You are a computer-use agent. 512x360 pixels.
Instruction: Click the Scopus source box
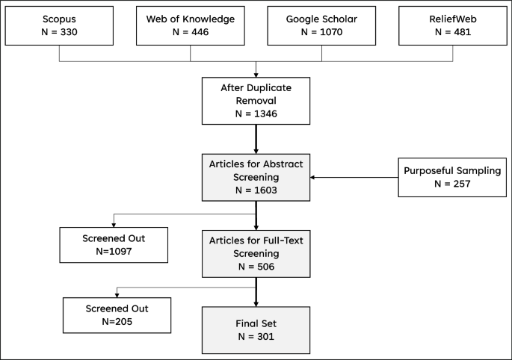59,26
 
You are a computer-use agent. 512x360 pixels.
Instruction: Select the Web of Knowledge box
190,26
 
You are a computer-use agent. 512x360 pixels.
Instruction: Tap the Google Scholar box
321,26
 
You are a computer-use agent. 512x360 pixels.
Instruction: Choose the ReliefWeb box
453,26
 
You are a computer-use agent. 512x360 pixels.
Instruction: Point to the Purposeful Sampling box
452,176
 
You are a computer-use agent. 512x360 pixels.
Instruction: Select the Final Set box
256,329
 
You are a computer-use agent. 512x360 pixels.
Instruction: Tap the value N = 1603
256,190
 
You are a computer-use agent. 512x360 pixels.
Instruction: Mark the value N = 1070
321,33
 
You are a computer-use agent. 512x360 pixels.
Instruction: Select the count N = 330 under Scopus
59,33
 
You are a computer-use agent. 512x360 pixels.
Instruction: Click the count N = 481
453,33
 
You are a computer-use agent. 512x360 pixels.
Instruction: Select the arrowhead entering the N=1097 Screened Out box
114,225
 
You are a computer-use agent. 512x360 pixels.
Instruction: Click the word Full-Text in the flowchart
283,238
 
